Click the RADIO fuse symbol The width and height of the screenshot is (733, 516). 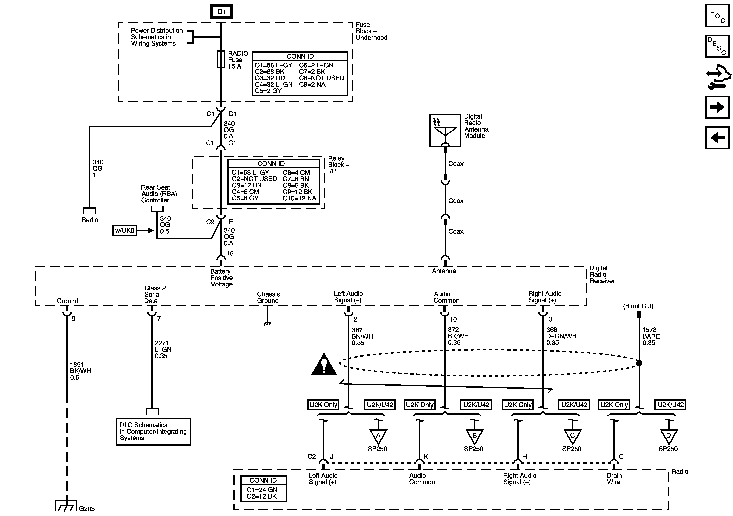pos(221,59)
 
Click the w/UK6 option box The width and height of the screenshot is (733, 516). pos(124,230)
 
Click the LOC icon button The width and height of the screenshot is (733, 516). pos(717,15)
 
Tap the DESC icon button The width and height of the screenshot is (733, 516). pos(717,46)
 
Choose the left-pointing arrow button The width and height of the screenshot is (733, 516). pos(717,138)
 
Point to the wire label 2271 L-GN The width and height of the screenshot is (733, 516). pos(163,349)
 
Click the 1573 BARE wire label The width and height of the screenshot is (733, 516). pos(651,336)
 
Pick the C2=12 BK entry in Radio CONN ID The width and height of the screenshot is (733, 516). pos(261,496)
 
